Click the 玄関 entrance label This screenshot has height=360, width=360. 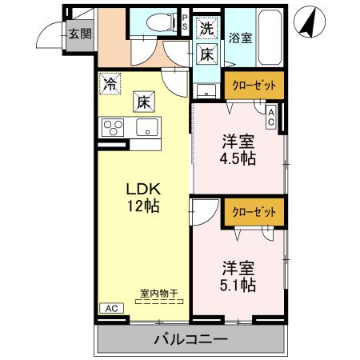coord(78,34)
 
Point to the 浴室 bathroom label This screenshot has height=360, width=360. coord(239,37)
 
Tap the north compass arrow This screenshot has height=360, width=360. coord(306,22)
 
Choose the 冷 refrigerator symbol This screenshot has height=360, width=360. coord(109,82)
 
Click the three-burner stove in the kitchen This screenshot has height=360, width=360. coord(112,127)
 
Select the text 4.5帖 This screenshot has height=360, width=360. coord(238,158)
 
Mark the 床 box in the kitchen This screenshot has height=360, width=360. coord(142,102)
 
